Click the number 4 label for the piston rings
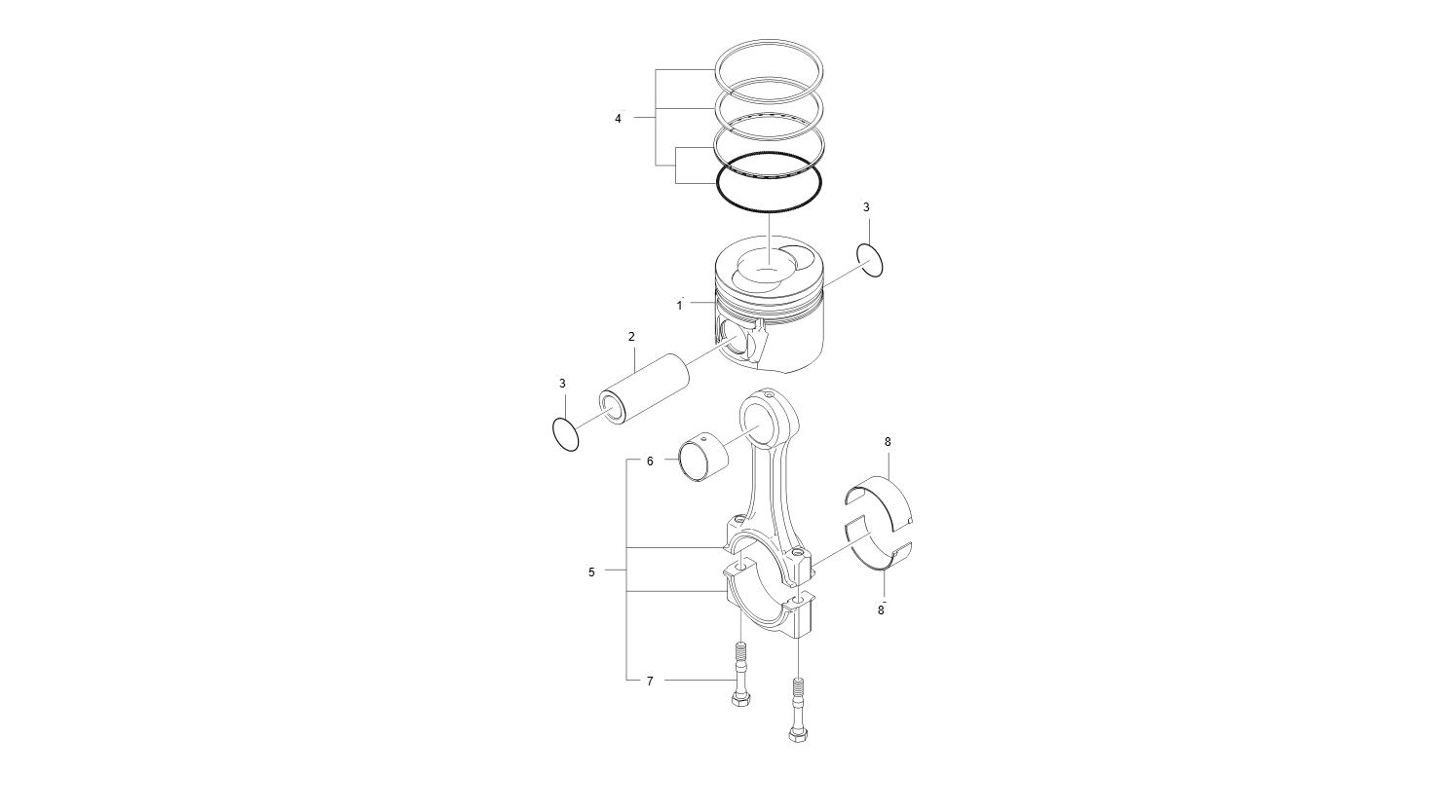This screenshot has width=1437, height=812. click(618, 119)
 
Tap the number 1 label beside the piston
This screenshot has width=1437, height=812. click(680, 305)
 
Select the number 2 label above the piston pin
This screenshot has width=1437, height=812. click(631, 337)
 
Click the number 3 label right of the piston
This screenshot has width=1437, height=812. click(866, 207)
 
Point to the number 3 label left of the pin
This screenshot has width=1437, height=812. click(562, 384)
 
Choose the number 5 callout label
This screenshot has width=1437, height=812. click(591, 572)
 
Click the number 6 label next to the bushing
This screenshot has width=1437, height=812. click(650, 461)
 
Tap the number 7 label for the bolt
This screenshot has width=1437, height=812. click(650, 682)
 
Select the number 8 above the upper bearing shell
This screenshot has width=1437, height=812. click(888, 442)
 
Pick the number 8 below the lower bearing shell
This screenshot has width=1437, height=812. click(881, 609)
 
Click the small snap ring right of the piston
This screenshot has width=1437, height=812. click(871, 261)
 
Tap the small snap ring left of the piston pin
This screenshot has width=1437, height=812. click(565, 434)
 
